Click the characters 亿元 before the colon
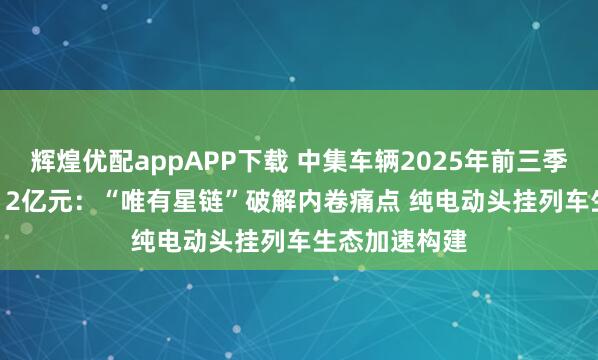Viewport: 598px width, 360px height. pyautogui.click(x=40, y=187)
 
